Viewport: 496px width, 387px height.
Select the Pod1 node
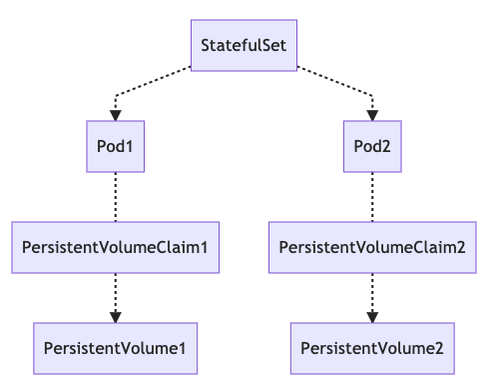tap(115, 147)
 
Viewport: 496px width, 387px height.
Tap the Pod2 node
tap(372, 147)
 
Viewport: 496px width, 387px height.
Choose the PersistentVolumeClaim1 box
tap(115, 247)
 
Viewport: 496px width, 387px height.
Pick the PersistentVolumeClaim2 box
tap(372, 247)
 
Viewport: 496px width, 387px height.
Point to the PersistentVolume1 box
tap(115, 348)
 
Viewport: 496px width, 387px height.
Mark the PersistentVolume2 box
tap(372, 348)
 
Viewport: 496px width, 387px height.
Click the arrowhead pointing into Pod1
tap(115, 115)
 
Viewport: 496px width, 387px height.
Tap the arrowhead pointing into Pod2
tap(372, 115)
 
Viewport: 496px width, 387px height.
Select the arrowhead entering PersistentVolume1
tap(115, 316)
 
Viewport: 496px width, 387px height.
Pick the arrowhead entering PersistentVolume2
tap(372, 316)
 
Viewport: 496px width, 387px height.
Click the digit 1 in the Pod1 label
tap(130, 147)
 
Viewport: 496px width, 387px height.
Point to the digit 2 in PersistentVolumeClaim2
tap(459, 247)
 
